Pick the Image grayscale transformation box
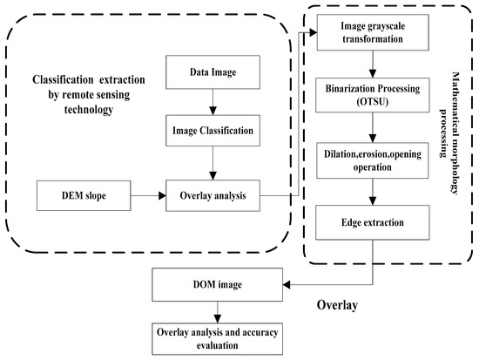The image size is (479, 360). [374, 32]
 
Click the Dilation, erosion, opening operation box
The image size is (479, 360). [374, 160]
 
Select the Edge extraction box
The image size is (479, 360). [374, 223]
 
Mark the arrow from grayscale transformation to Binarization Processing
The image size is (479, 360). [374, 64]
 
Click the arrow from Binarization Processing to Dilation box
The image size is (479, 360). [374, 127]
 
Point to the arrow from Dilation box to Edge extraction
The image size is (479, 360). [374, 192]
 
